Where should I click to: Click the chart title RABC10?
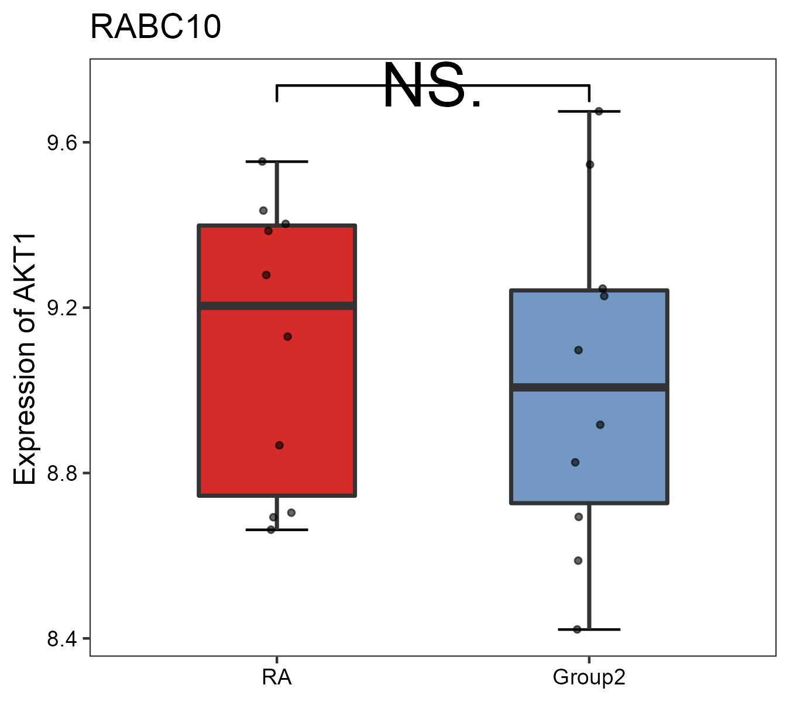click(156, 27)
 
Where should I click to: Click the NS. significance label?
click(432, 87)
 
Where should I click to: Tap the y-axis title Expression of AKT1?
click(25, 359)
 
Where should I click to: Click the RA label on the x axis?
click(276, 677)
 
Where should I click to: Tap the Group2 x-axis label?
click(589, 677)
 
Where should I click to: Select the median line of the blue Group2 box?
click(589, 387)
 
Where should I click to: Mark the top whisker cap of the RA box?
click(277, 161)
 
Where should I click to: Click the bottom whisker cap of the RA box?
click(277, 530)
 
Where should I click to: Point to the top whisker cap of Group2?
click(589, 111)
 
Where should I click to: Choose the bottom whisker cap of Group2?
click(589, 629)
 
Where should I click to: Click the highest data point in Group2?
click(599, 111)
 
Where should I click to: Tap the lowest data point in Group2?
click(578, 629)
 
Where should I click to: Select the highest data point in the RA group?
click(263, 161)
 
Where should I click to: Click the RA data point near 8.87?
click(280, 445)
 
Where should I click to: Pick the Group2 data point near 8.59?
click(578, 560)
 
